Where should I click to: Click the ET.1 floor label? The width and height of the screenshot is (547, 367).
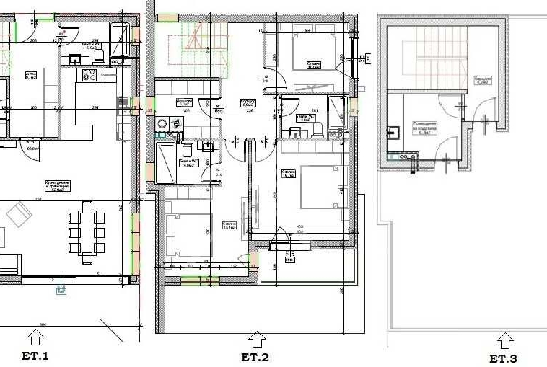(x=35, y=355)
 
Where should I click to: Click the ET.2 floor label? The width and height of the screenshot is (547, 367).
(x=255, y=357)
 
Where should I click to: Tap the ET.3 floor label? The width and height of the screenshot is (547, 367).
(x=503, y=358)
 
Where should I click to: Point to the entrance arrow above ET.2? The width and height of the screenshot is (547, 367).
(x=257, y=339)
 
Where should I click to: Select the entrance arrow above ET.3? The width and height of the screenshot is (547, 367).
(x=505, y=340)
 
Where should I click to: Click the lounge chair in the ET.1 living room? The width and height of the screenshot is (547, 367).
(x=18, y=214)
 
